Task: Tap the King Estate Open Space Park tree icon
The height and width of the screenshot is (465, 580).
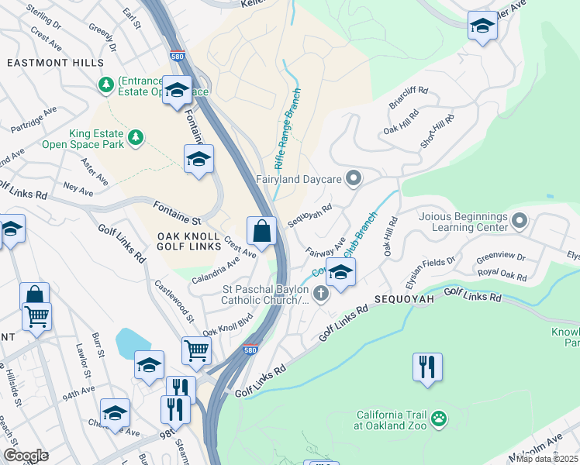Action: [x=136, y=137]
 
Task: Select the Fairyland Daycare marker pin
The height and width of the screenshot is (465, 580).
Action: [x=354, y=179]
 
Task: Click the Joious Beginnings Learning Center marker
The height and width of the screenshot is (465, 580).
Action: [x=519, y=222]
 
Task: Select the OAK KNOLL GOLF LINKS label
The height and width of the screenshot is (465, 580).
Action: [x=191, y=242]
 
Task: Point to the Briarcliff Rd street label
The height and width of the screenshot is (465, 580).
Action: [x=408, y=101]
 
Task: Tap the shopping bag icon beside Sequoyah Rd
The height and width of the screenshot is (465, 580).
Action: [x=262, y=231]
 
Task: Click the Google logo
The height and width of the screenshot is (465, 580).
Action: [x=26, y=456]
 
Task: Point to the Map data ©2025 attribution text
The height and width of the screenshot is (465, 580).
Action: [x=547, y=459]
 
